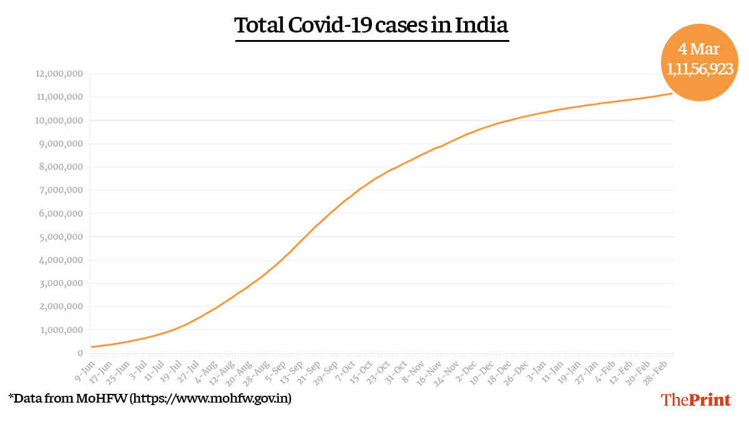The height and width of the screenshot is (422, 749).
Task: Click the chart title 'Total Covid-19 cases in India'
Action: point(371,26)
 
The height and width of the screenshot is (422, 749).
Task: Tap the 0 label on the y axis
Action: point(81,353)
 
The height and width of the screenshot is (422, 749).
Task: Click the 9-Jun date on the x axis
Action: point(86,367)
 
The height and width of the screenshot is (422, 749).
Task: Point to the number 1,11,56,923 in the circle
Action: point(700,69)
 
